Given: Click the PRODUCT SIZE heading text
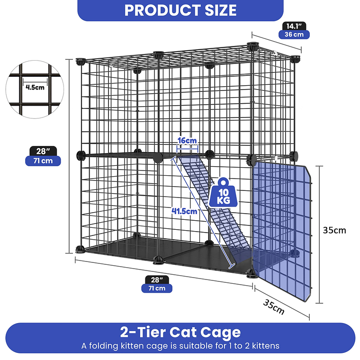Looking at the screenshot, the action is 180,10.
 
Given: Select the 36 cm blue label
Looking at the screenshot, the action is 294,35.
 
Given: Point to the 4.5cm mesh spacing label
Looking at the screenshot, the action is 35,87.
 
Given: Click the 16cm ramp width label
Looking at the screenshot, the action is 187,140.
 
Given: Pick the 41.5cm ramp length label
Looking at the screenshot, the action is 184,211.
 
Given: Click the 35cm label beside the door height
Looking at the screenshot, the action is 334,230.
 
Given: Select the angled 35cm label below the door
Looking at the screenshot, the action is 274,307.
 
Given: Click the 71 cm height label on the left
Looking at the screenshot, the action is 43,161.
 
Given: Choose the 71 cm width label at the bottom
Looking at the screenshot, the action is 157,288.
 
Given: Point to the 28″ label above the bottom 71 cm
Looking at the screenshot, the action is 157,280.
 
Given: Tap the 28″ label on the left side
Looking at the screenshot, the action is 43,151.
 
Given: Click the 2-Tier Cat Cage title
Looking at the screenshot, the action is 180,332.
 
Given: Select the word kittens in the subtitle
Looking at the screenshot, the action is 266,346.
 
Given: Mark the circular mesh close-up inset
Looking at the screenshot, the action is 35,90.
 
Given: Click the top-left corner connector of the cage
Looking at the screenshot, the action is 81,62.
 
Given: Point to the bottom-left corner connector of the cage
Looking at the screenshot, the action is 80,249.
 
